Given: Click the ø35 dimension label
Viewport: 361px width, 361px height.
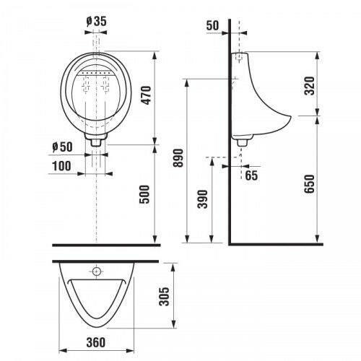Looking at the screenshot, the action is (96, 21).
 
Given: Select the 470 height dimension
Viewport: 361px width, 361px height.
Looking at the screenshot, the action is (146, 95).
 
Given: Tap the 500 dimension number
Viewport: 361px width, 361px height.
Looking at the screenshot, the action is (144, 194).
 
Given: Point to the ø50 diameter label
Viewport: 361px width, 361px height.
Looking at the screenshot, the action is (62, 147).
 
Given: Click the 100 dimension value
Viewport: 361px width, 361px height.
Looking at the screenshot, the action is (61, 166).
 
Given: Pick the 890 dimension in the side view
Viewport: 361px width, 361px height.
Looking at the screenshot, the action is (178, 158).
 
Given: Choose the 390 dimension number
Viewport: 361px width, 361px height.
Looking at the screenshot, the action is (202, 199).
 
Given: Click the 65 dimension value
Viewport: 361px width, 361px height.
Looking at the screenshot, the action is (251, 175).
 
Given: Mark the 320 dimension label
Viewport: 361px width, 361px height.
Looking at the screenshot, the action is (310, 86).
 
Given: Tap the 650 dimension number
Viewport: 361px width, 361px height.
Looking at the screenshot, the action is (310, 183).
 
